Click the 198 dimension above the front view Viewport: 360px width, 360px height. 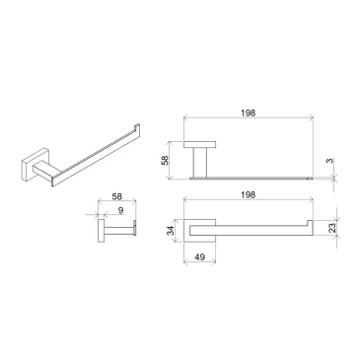tap(248, 113)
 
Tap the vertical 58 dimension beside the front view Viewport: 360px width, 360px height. tap(165, 158)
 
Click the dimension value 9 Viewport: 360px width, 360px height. tap(118, 209)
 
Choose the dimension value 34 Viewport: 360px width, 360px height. tap(170, 231)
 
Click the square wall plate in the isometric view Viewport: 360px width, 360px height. tap(35, 164)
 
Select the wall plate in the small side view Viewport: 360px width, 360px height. tap(99, 232)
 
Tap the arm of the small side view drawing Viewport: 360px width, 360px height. tap(120, 232)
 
